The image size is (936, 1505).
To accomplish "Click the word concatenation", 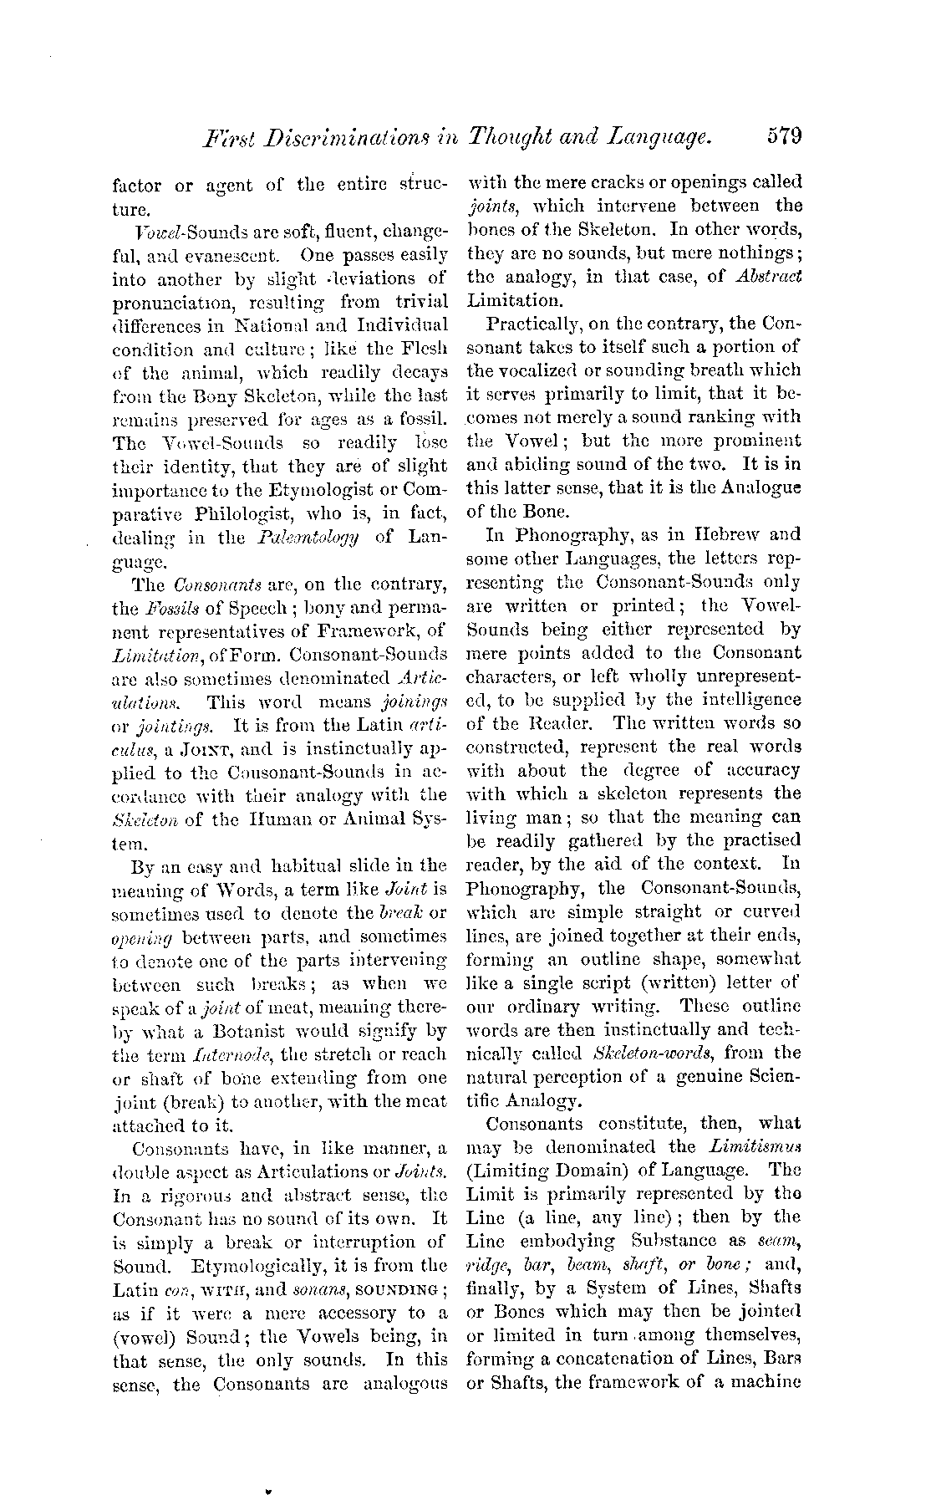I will point(645,1358).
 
